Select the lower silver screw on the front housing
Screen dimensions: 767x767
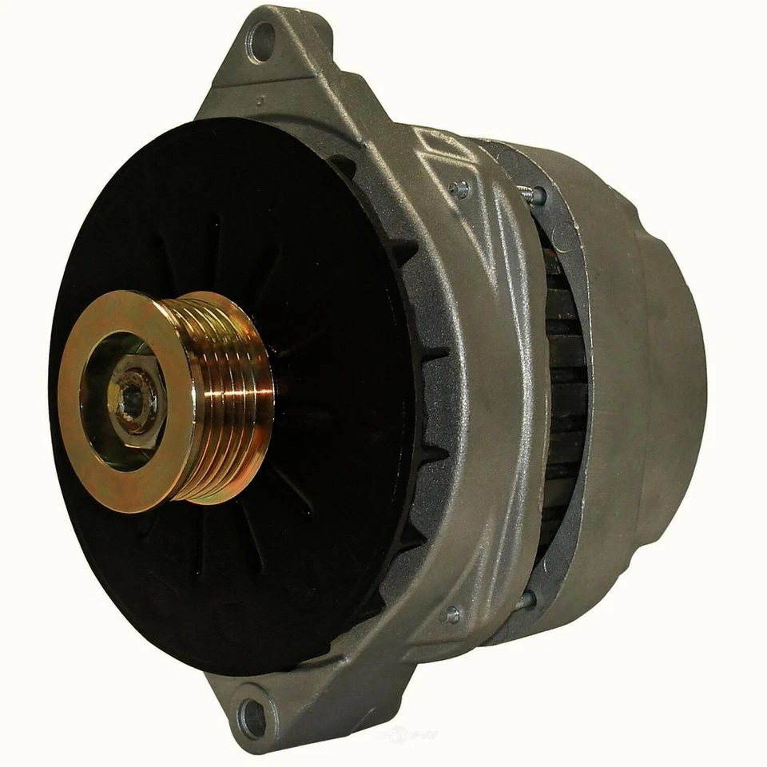tap(452, 614)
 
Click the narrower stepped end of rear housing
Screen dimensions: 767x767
tap(679, 360)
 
